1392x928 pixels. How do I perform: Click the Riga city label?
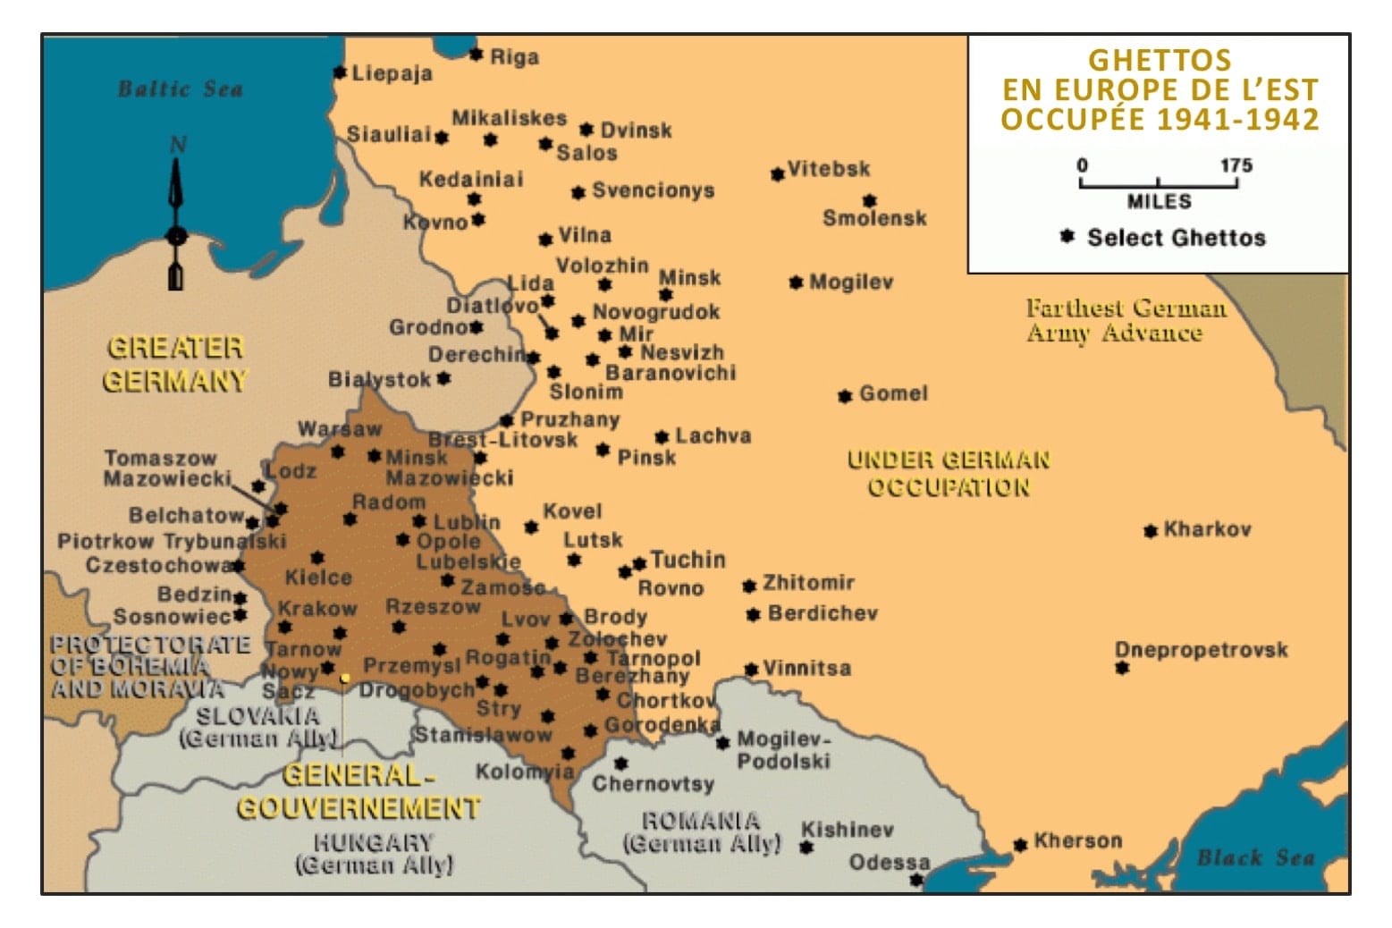pyautogui.click(x=514, y=57)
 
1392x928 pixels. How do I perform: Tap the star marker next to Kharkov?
pyautogui.click(x=1150, y=531)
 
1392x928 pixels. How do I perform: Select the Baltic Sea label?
pyautogui.click(x=180, y=89)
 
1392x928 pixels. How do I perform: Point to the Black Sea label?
pyautogui.click(x=1255, y=857)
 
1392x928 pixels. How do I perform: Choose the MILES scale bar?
pyautogui.click(x=1158, y=184)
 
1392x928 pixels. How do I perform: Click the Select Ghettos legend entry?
pyautogui.click(x=1175, y=238)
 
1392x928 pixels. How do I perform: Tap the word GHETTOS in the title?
pyautogui.click(x=1159, y=60)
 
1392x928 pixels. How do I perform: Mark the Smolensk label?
pyautogui.click(x=873, y=218)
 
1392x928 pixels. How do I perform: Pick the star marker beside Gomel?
pyautogui.click(x=844, y=395)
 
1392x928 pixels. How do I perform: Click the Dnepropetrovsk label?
pyautogui.click(x=1201, y=649)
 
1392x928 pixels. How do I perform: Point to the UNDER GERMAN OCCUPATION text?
pyautogui.click(x=948, y=474)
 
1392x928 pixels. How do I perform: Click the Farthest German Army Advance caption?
pyautogui.click(x=1125, y=321)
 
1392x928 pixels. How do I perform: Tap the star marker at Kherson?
pyautogui.click(x=1019, y=845)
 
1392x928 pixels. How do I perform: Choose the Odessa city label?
pyautogui.click(x=889, y=863)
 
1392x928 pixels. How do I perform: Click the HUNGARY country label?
pyautogui.click(x=373, y=842)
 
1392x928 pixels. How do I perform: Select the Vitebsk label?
pyautogui.click(x=828, y=169)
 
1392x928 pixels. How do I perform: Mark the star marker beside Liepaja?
pyautogui.click(x=339, y=72)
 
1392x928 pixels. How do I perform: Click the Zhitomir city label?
pyautogui.click(x=807, y=583)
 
